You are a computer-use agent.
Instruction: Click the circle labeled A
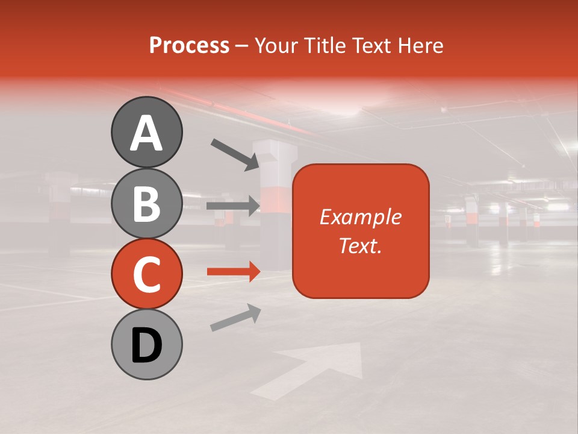click(x=146, y=132)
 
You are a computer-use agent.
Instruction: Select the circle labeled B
click(x=146, y=203)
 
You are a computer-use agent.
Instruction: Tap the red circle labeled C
click(x=146, y=274)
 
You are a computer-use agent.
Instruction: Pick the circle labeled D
click(x=146, y=345)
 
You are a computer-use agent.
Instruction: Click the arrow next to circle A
click(x=235, y=154)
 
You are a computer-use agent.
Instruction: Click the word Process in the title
click(x=189, y=46)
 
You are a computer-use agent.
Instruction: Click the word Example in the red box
click(x=360, y=217)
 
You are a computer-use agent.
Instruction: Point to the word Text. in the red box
click(x=360, y=245)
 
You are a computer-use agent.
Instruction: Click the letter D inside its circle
click(x=146, y=345)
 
